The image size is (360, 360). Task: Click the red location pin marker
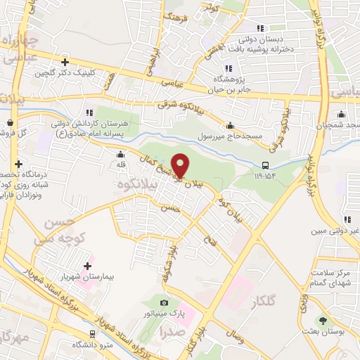pyautogui.click(x=181, y=165)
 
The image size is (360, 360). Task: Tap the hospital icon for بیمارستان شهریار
pyautogui.click(x=87, y=266)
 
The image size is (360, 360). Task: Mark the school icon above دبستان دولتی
pyautogui.click(x=259, y=29)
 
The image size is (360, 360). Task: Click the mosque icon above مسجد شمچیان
pyautogui.click(x=342, y=114)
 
